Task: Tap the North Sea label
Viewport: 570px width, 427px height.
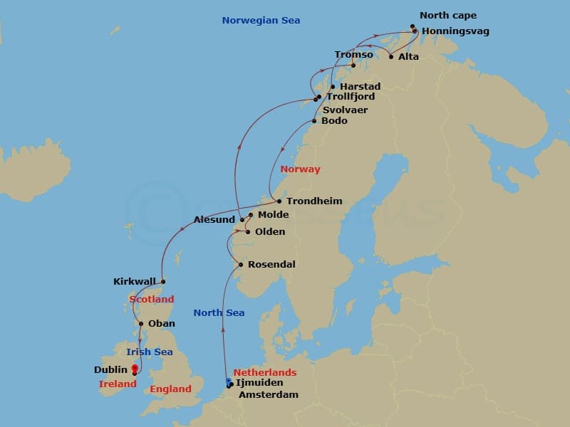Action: pyautogui.click(x=219, y=312)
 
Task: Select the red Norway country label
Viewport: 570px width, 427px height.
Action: pyautogui.click(x=300, y=169)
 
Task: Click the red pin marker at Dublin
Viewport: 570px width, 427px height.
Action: pyautogui.click(x=135, y=369)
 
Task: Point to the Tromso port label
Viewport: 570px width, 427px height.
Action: pyautogui.click(x=353, y=55)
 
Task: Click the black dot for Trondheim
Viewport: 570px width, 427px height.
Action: pyautogui.click(x=279, y=201)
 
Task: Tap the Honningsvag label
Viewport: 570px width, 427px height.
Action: pyautogui.click(x=455, y=31)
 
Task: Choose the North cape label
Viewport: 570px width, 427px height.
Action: pyautogui.click(x=448, y=16)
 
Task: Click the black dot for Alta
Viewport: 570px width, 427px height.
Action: pyautogui.click(x=391, y=56)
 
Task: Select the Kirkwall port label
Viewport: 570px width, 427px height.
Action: pyautogui.click(x=134, y=282)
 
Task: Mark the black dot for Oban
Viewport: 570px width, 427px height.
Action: pyautogui.click(x=141, y=324)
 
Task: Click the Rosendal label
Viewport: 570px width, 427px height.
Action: pyautogui.click(x=272, y=265)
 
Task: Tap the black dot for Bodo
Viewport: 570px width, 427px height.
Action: pyautogui.click(x=314, y=121)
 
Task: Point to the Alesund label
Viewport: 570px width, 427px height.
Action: pyautogui.click(x=214, y=220)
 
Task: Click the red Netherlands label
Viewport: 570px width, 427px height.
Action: pyautogui.click(x=265, y=372)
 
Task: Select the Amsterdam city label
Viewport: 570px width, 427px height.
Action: pyautogui.click(x=268, y=394)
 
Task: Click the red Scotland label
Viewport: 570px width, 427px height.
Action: pyautogui.click(x=151, y=300)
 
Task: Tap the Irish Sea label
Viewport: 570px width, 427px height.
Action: pyautogui.click(x=150, y=352)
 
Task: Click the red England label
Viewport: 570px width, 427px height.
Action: pyautogui.click(x=170, y=389)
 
